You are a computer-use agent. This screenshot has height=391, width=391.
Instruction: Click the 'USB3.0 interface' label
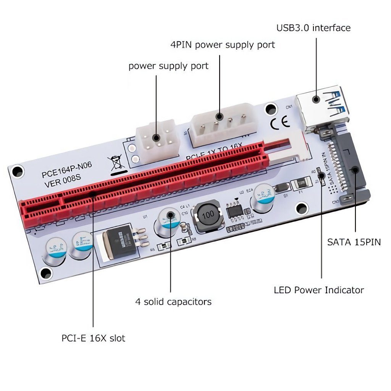coord(313,28)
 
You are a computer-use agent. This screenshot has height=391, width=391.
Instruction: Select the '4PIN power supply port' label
coord(223,45)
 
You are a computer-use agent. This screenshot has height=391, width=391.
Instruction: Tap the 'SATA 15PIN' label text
coord(354,242)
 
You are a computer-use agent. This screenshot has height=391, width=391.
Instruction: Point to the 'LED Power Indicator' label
coord(319,290)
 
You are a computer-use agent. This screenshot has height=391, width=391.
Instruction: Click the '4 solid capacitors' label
coord(173,302)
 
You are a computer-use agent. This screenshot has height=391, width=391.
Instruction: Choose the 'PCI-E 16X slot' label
coord(94,338)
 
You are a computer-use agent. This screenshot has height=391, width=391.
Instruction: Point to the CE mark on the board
coord(280,123)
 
